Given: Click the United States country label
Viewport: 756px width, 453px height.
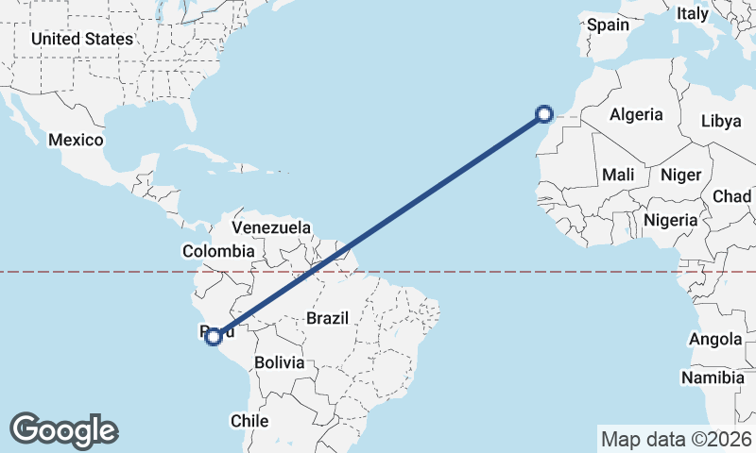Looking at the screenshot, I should pos(81,39).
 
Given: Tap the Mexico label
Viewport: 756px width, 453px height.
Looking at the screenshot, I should pos(76,140).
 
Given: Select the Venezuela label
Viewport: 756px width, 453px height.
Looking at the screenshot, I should pos(271,227).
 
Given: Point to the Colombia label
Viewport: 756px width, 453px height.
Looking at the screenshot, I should pos(218,251).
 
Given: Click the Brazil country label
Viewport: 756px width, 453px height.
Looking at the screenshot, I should pos(328,318).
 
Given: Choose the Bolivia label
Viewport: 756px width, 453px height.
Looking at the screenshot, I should pos(280,362).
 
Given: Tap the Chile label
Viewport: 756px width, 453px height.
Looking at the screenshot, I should pos(250,421).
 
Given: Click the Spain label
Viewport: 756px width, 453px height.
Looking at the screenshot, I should pos(608,25).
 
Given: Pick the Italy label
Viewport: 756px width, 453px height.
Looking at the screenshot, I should pos(693,14).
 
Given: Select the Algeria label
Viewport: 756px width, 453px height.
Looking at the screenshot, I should pos(636,115).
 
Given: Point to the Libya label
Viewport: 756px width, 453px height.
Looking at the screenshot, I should pos(721,122).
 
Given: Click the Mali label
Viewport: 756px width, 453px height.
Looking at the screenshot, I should pos(618,175).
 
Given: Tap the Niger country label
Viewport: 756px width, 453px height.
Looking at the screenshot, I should pos(680,175).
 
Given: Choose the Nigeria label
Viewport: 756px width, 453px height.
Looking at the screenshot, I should pos(670,220).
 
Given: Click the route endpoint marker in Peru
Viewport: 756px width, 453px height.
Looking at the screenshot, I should pos(214,336).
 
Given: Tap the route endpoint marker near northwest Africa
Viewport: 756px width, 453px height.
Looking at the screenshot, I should pos(544,114).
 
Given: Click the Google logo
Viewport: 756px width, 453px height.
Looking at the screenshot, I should pos(63,430).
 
